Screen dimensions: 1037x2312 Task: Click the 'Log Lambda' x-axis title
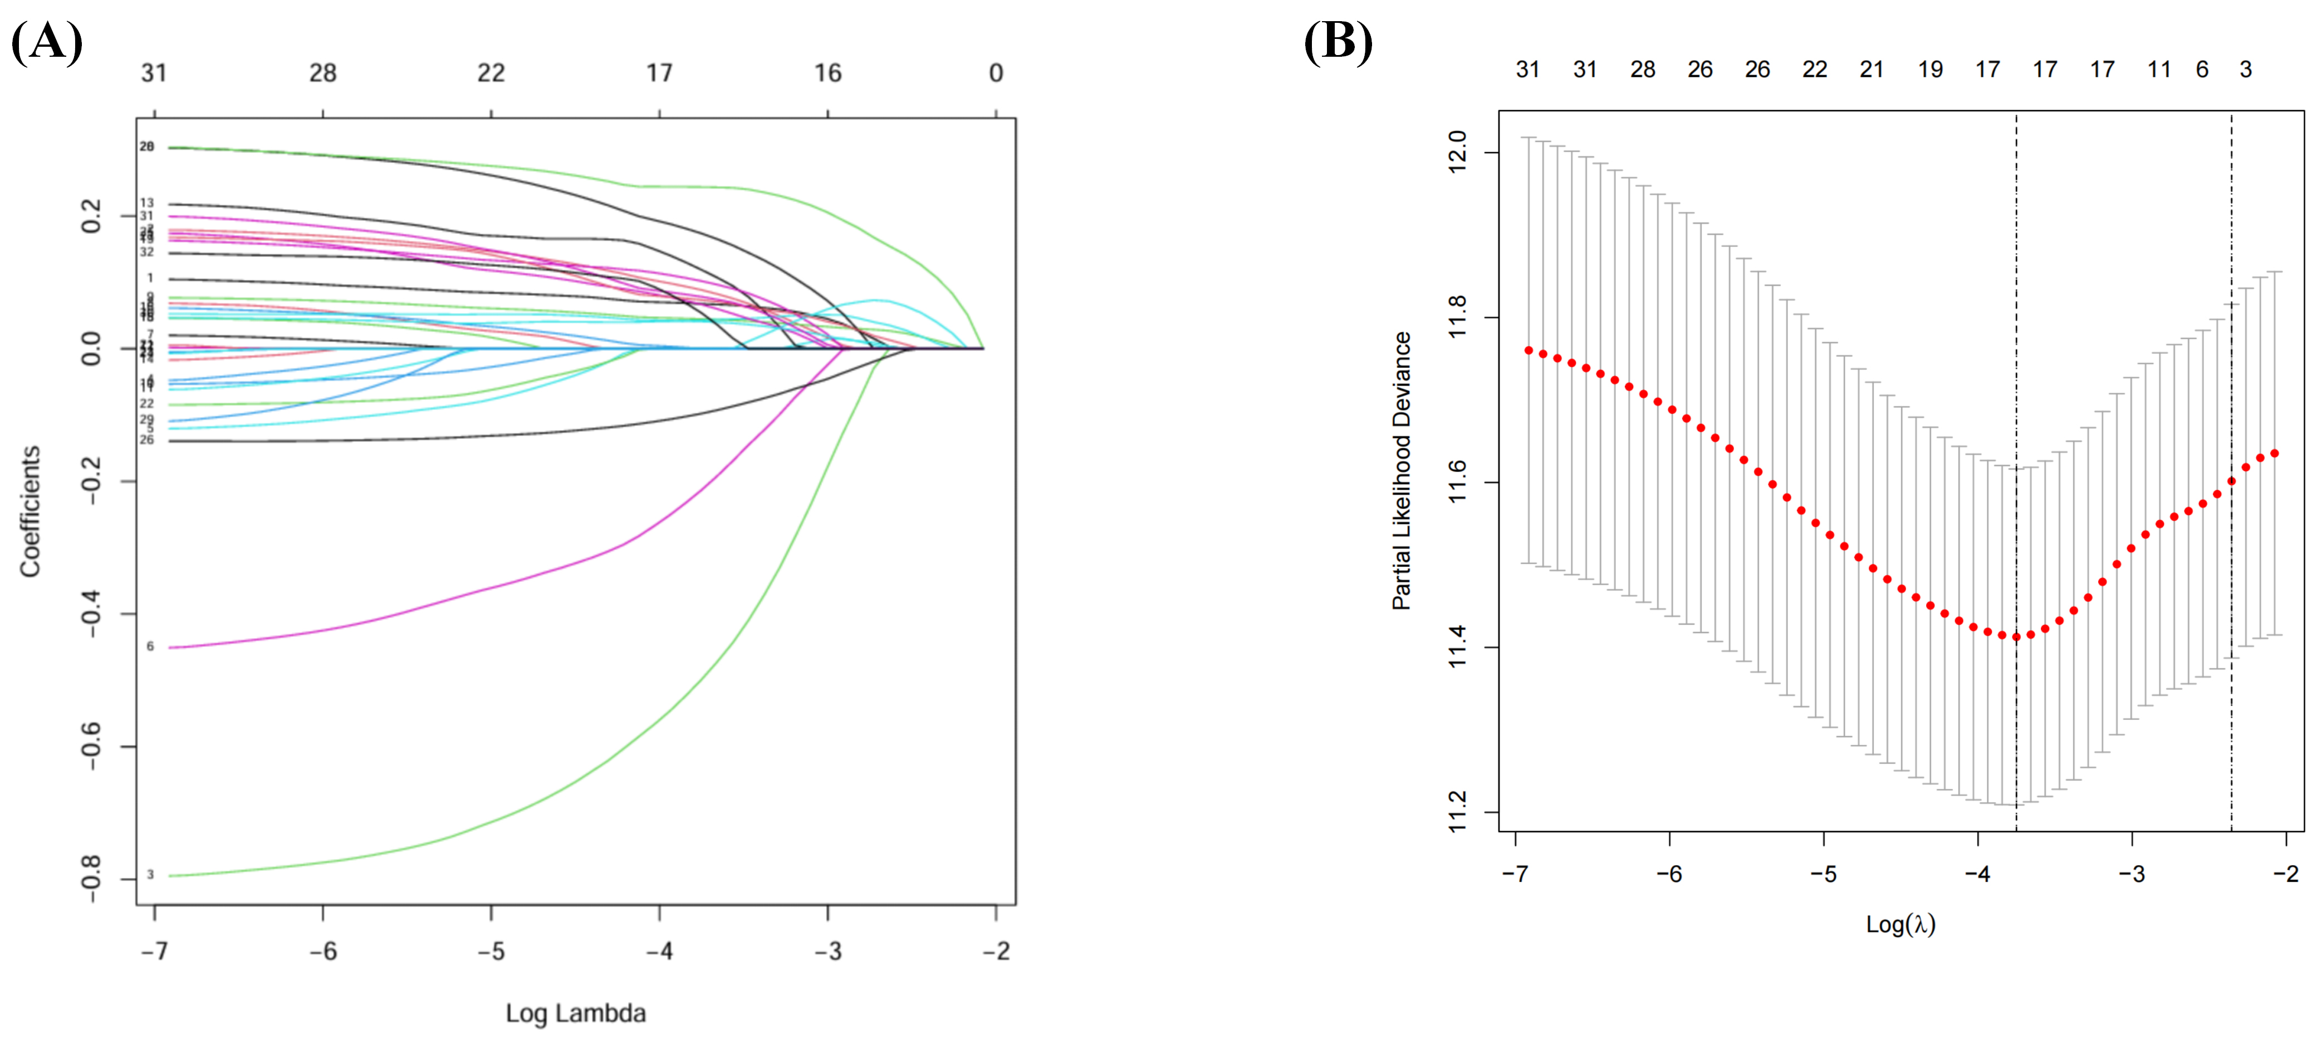point(575,1013)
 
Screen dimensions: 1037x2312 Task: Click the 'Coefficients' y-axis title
point(31,511)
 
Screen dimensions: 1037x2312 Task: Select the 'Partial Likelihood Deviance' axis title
point(1401,471)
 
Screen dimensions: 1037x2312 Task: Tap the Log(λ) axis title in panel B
point(1900,924)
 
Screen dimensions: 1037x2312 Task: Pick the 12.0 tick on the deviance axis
point(1457,152)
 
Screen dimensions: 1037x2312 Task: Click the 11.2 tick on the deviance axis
point(1457,812)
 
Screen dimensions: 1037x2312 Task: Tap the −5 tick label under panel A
point(491,951)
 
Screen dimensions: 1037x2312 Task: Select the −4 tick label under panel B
point(1977,874)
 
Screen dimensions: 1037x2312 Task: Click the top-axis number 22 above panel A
point(491,73)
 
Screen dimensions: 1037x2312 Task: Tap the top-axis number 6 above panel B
point(2202,69)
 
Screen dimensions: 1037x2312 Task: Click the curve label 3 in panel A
point(150,875)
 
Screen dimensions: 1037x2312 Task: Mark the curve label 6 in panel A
point(150,646)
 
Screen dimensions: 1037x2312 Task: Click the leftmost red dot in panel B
point(1529,350)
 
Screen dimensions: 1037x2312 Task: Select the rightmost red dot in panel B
point(2274,453)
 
